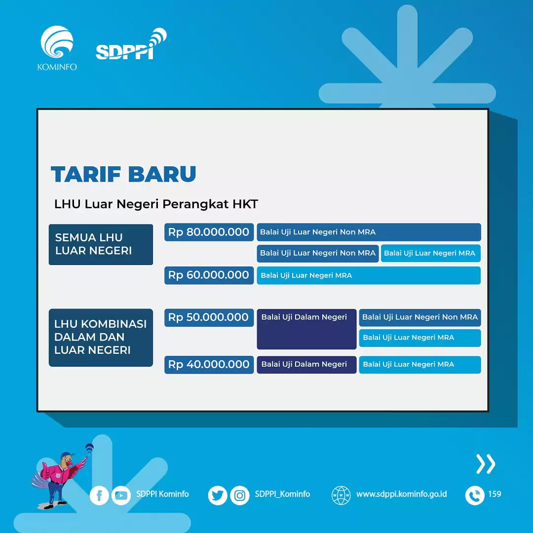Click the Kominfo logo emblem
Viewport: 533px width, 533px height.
57,43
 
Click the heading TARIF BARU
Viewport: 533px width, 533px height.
123,174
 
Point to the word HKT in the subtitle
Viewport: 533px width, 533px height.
246,204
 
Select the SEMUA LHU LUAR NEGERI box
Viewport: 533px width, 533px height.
101,244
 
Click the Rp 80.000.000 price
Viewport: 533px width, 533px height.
209,232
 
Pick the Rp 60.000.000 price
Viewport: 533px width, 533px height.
209,275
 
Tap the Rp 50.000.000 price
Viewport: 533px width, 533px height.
209,317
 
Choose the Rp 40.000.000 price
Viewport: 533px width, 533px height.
209,365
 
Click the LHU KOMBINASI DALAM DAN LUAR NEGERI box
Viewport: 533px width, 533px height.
101,337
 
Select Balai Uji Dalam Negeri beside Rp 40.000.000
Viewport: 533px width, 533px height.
306,365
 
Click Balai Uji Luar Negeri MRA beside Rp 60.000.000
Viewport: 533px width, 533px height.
368,275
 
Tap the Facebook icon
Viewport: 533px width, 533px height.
99,495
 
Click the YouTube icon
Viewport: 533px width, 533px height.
121,495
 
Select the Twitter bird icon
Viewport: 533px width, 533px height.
218,495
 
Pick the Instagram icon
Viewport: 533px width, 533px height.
240,495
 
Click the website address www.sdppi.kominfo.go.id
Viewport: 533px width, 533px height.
401,494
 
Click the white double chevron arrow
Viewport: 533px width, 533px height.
485,464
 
